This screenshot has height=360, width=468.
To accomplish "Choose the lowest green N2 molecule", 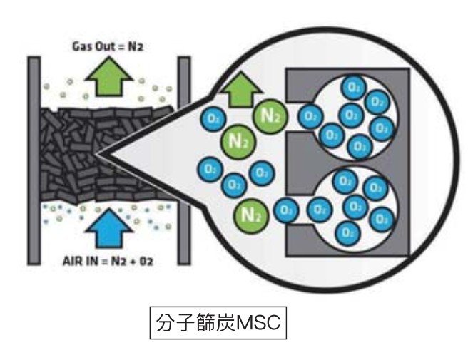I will (250, 212).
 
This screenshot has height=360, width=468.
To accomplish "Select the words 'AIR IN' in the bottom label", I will (76, 261).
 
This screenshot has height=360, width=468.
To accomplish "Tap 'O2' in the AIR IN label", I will (145, 261).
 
